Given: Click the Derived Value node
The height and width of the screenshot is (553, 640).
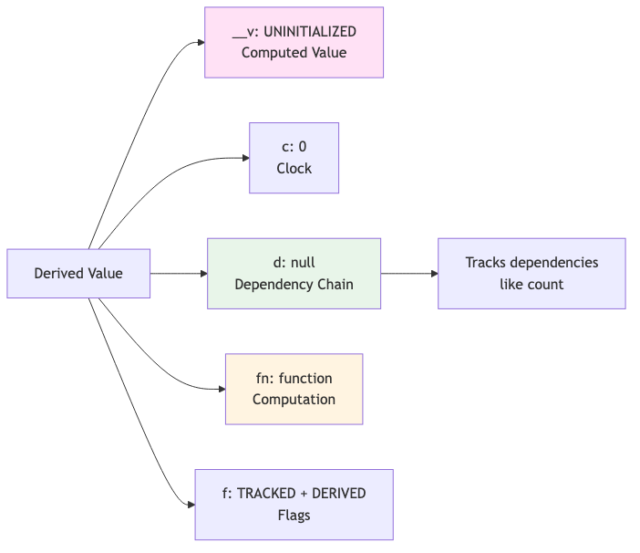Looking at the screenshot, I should pyautogui.click(x=78, y=274).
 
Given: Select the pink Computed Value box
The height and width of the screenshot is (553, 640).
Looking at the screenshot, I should pyautogui.click(x=294, y=43).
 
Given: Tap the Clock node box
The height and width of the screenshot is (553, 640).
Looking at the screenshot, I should pyautogui.click(x=294, y=158).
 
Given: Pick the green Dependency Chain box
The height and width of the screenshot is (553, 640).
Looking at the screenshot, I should pyautogui.click(x=294, y=274).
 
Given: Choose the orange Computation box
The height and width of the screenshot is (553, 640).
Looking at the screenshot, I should pyautogui.click(x=294, y=389).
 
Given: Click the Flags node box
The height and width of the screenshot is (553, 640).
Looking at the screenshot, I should pyautogui.click(x=294, y=505).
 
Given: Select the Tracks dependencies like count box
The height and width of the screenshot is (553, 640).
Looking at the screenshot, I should pyautogui.click(x=532, y=274).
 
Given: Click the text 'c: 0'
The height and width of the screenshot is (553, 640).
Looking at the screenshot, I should pyautogui.click(x=294, y=147).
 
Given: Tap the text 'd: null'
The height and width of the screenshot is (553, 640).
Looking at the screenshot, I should pyautogui.click(x=294, y=263).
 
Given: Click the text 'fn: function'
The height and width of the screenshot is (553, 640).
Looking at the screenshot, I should pyautogui.click(x=294, y=378).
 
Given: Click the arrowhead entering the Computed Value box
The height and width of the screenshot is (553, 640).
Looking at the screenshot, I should pyautogui.click(x=200, y=43).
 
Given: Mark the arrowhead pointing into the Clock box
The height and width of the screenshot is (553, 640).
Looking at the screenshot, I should pyautogui.click(x=245, y=158).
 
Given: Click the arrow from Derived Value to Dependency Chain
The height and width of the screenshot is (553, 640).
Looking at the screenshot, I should pyautogui.click(x=178, y=274).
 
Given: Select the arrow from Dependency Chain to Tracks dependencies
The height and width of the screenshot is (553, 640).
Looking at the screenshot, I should pyautogui.click(x=408, y=274).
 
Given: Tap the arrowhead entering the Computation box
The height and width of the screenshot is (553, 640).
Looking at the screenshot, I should pyautogui.click(x=221, y=389).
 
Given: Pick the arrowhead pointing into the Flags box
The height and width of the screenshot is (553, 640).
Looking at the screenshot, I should pyautogui.click(x=191, y=505).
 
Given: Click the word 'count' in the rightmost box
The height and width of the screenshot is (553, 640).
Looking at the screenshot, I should pyautogui.click(x=545, y=285).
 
